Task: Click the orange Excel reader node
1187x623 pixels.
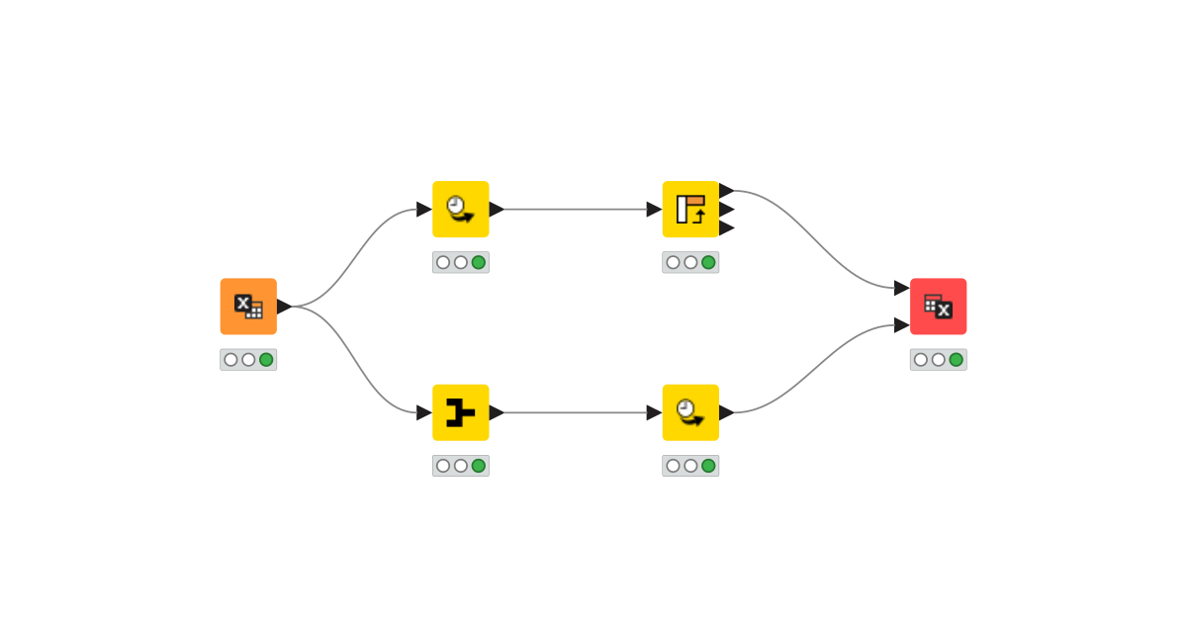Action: click(248, 307)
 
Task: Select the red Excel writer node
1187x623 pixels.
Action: click(938, 307)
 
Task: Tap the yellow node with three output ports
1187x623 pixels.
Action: click(690, 209)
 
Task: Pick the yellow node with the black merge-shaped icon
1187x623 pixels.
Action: click(461, 412)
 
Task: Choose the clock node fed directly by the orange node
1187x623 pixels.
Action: click(461, 209)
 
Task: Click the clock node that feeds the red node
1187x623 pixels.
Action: click(690, 412)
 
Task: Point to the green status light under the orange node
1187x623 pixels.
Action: click(266, 360)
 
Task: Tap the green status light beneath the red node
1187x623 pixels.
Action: click(956, 360)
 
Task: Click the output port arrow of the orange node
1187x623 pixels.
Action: click(284, 307)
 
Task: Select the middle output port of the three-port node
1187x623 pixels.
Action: click(727, 210)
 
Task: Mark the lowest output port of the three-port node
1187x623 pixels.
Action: click(727, 228)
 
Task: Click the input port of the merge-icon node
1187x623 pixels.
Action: click(423, 412)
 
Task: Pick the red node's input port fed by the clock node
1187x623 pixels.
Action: click(901, 325)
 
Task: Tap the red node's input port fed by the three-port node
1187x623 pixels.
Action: click(901, 288)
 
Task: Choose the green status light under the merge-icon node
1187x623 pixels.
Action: click(479, 466)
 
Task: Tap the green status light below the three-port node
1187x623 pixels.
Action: click(708, 262)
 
